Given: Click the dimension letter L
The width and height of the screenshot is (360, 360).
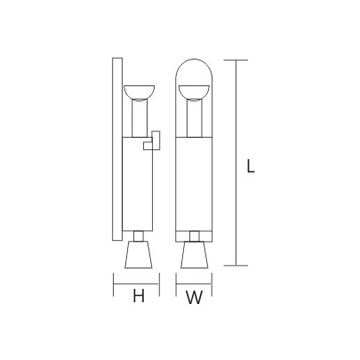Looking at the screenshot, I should click(x=251, y=164).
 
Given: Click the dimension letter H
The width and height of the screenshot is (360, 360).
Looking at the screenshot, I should click(x=138, y=298).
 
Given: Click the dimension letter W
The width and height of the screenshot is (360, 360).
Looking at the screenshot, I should click(x=194, y=299).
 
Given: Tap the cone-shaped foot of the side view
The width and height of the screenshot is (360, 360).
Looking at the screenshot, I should click(x=139, y=258).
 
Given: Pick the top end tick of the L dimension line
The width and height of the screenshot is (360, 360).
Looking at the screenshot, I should click(x=235, y=60).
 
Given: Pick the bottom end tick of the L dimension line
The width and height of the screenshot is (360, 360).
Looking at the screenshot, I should click(x=235, y=266).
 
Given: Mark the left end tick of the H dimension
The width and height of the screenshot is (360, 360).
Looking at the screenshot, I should click(x=114, y=286).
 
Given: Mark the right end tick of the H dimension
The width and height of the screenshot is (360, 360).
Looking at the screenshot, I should click(x=160, y=286).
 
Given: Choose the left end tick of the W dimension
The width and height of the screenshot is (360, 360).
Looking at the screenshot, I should click(x=175, y=286).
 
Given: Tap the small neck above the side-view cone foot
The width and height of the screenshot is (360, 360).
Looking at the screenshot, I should click(x=139, y=236).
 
